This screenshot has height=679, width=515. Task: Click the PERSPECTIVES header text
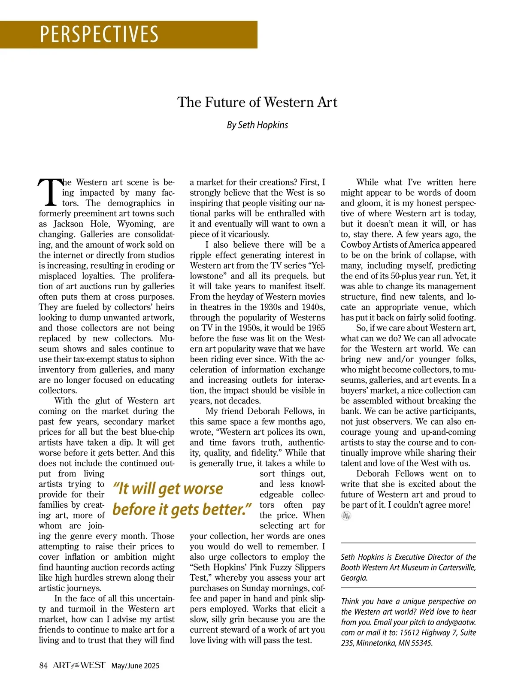pyautogui.click(x=99, y=34)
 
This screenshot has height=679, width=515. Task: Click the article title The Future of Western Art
pyautogui.click(x=257, y=102)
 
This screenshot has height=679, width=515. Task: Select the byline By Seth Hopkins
pyautogui.click(x=257, y=125)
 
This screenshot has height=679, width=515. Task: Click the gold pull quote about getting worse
pyautogui.click(x=182, y=499)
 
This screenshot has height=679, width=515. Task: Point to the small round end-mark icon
pyautogui.click(x=346, y=516)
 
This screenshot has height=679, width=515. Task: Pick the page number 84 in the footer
pyautogui.click(x=43, y=666)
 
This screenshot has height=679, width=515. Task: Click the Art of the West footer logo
pyautogui.click(x=79, y=665)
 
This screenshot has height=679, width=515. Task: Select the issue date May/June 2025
pyautogui.click(x=135, y=666)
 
